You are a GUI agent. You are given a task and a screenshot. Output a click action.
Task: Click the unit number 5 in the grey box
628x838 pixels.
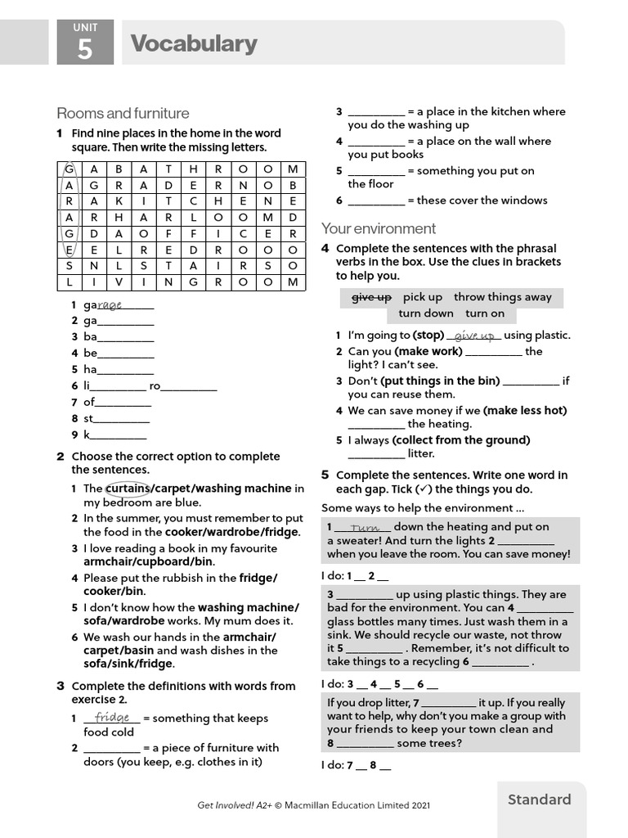(85, 50)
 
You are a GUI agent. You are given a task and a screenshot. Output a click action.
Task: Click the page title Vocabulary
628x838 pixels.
(194, 43)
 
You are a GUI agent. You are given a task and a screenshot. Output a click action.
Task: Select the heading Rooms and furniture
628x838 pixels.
(123, 113)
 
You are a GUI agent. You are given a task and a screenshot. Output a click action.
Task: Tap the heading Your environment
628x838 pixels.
(379, 228)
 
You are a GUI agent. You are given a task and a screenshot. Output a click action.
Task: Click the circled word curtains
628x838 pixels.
(128, 489)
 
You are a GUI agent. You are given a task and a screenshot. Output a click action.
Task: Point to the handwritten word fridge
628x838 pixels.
(112, 718)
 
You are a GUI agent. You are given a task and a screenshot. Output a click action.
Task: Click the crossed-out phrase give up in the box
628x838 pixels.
(371, 297)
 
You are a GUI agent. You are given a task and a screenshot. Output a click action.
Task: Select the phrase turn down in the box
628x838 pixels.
(425, 313)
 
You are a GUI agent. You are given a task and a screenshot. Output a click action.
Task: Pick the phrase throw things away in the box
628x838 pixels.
(502, 297)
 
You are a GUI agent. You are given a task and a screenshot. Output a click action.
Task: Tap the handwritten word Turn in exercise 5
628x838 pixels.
(365, 528)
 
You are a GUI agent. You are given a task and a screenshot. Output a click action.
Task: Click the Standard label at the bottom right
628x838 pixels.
(539, 800)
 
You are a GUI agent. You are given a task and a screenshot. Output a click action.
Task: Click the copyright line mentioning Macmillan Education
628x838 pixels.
(313, 805)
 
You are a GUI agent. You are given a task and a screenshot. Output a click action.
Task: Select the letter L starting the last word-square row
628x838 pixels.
(70, 282)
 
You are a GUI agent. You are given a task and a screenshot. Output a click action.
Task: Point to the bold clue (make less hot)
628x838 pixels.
(525, 410)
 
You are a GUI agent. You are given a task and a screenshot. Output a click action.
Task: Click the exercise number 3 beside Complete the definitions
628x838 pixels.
(61, 686)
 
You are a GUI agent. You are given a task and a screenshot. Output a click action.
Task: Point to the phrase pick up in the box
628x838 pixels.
(422, 297)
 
